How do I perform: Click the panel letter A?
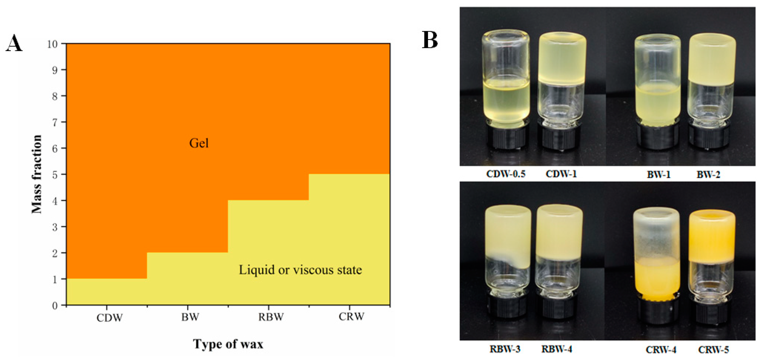tap(14, 44)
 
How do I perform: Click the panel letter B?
tap(430, 40)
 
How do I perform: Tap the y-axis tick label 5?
tap(55, 174)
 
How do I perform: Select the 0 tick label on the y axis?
tap(55, 306)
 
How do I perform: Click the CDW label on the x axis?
tap(109, 318)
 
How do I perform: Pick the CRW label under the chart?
tap(351, 317)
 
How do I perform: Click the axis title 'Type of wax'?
tap(228, 344)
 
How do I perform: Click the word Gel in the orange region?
tap(199, 143)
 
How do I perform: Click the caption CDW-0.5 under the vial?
tap(506, 174)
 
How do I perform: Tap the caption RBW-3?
tap(505, 349)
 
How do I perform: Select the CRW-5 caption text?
tap(713, 350)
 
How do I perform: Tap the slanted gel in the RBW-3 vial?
tap(508, 237)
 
